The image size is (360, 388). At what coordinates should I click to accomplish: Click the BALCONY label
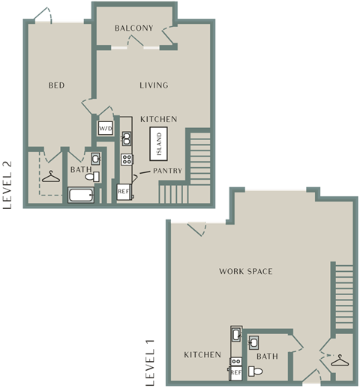134,28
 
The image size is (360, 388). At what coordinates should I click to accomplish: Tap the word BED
56,85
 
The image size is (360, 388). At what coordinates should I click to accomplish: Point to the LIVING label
154,85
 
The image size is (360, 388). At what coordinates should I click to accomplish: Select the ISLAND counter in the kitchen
158,144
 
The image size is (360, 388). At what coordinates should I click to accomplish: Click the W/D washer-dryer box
106,128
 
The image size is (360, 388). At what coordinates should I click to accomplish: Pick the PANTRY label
167,171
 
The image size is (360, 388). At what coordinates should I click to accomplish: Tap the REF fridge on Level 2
124,192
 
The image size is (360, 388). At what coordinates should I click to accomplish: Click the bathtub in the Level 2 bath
81,195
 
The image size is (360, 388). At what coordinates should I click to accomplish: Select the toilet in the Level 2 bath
92,177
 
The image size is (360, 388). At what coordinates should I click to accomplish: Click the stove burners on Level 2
127,160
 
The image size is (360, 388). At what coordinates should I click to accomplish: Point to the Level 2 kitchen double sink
127,139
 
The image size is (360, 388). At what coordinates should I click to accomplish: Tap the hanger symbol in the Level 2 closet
51,177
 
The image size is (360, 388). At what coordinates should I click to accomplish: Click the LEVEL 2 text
7,185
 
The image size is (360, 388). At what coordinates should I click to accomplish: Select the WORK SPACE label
246,271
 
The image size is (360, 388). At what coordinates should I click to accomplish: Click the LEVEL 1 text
150,363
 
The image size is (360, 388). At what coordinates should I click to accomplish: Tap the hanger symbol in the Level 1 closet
340,360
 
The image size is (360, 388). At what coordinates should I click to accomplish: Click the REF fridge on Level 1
235,373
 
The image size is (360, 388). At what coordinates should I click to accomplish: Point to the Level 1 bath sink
253,342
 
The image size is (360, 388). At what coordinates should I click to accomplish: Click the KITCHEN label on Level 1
202,355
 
